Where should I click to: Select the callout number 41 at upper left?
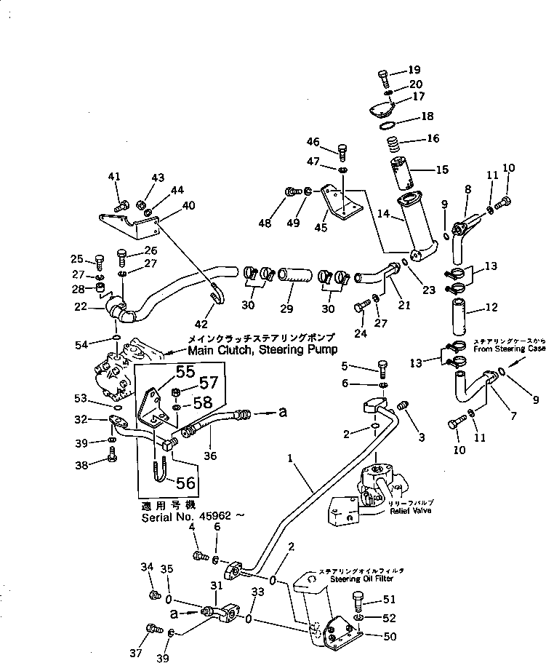tap(115, 177)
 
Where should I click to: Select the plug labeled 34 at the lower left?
tap(153, 595)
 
